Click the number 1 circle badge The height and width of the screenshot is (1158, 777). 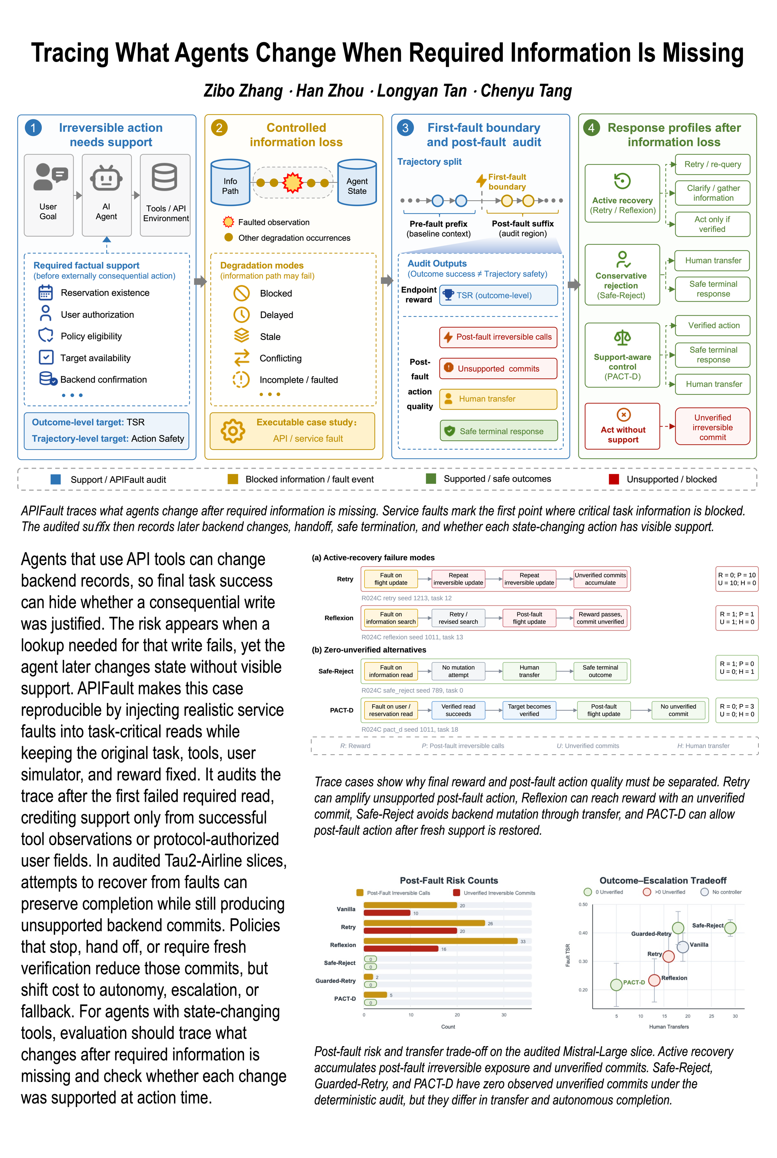point(33,128)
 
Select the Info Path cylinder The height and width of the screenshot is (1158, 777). point(230,183)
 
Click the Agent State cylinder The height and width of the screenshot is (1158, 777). point(357,183)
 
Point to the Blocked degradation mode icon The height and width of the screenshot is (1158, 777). point(241,293)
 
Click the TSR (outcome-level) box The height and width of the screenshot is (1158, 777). point(498,295)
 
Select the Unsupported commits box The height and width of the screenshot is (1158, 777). point(498,368)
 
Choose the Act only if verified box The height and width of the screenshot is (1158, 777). point(713,224)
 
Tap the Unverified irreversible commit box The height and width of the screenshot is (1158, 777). point(713,427)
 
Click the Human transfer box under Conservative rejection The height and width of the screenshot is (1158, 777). point(713,260)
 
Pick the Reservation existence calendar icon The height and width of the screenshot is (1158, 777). point(45,292)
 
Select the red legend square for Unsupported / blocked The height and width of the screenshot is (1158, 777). point(614,479)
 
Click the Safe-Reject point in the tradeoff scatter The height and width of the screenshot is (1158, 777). point(730,928)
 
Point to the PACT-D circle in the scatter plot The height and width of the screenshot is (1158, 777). point(616,984)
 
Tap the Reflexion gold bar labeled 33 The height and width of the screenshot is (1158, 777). point(441,941)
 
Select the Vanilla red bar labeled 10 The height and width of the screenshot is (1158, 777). point(387,913)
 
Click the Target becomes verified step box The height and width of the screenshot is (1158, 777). point(529,710)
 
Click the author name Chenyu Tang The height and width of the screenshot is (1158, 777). point(526,91)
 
